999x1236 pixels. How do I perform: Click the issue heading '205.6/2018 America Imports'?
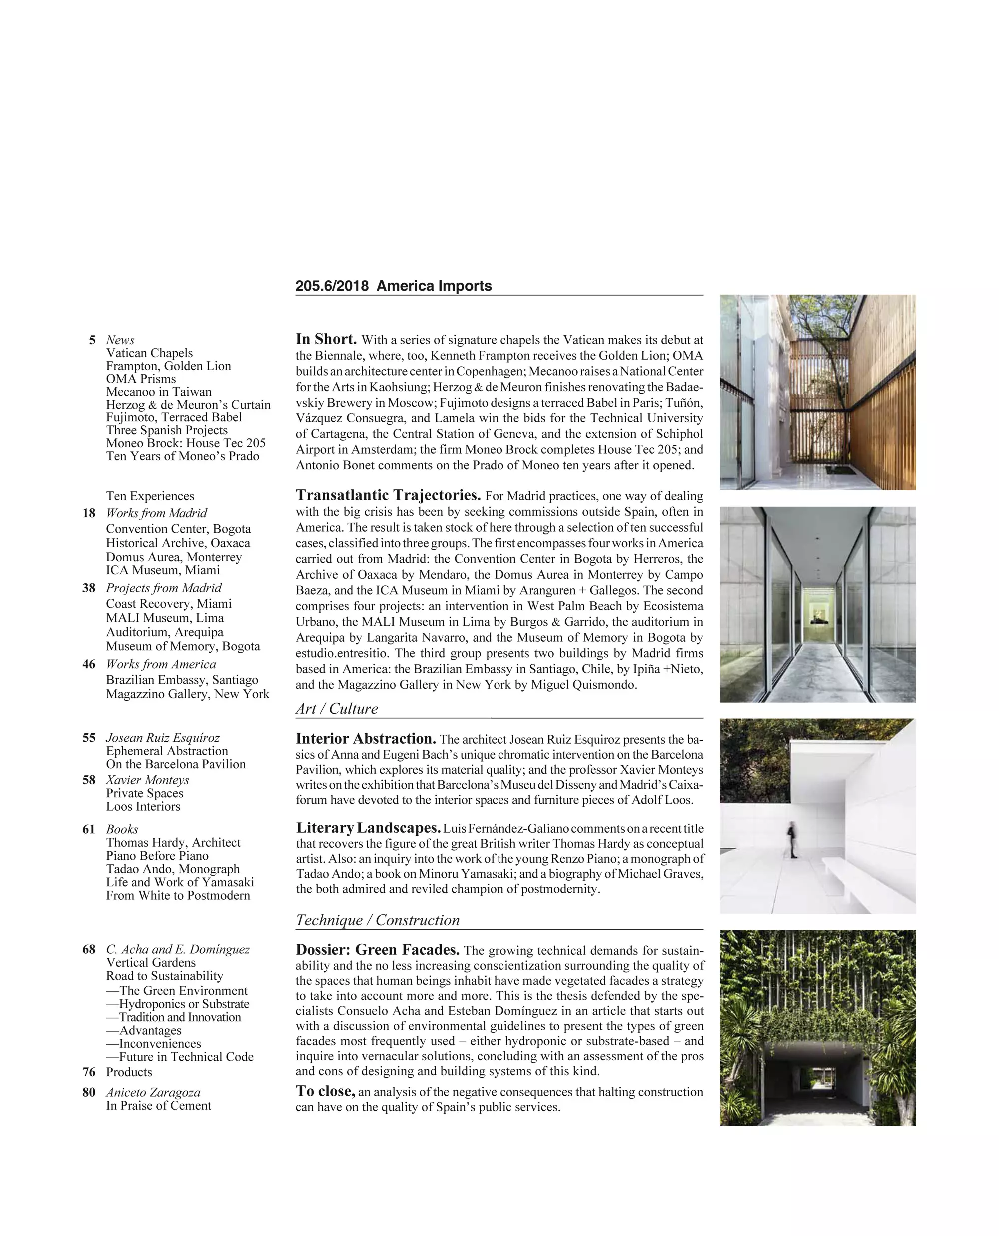393,286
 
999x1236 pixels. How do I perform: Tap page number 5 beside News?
92,340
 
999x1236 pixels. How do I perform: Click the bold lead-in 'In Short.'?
326,339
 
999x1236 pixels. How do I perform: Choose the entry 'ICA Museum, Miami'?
163,570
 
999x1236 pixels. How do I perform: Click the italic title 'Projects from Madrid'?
163,587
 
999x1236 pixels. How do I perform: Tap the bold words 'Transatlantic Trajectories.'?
388,495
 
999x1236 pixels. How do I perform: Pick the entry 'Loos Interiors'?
143,806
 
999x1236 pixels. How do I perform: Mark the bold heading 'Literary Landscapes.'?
368,828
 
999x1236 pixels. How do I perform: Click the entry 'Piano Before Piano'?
157,855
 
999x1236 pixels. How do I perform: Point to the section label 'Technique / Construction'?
378,920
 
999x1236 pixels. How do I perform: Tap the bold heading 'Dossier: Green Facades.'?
377,949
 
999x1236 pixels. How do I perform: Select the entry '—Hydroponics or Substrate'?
177,1003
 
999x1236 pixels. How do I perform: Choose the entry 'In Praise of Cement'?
158,1105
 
